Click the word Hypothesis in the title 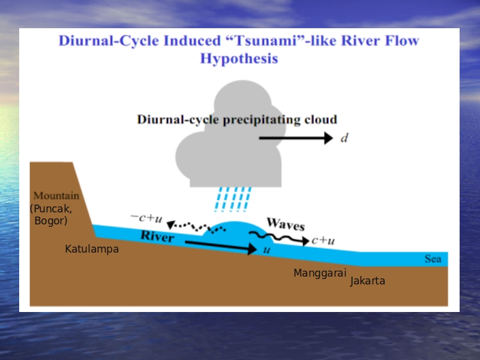239,59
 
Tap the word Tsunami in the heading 266,40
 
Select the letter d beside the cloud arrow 344,138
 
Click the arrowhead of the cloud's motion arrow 328,138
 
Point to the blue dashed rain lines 233,199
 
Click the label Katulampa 92,249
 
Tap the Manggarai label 320,273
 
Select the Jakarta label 367,281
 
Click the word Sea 433,259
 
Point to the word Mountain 56,196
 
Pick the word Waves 286,224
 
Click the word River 157,236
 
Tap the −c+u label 146,218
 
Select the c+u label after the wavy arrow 323,241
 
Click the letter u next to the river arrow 267,250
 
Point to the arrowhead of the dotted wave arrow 170,225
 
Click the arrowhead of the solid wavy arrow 305,241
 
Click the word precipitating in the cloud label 262,120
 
